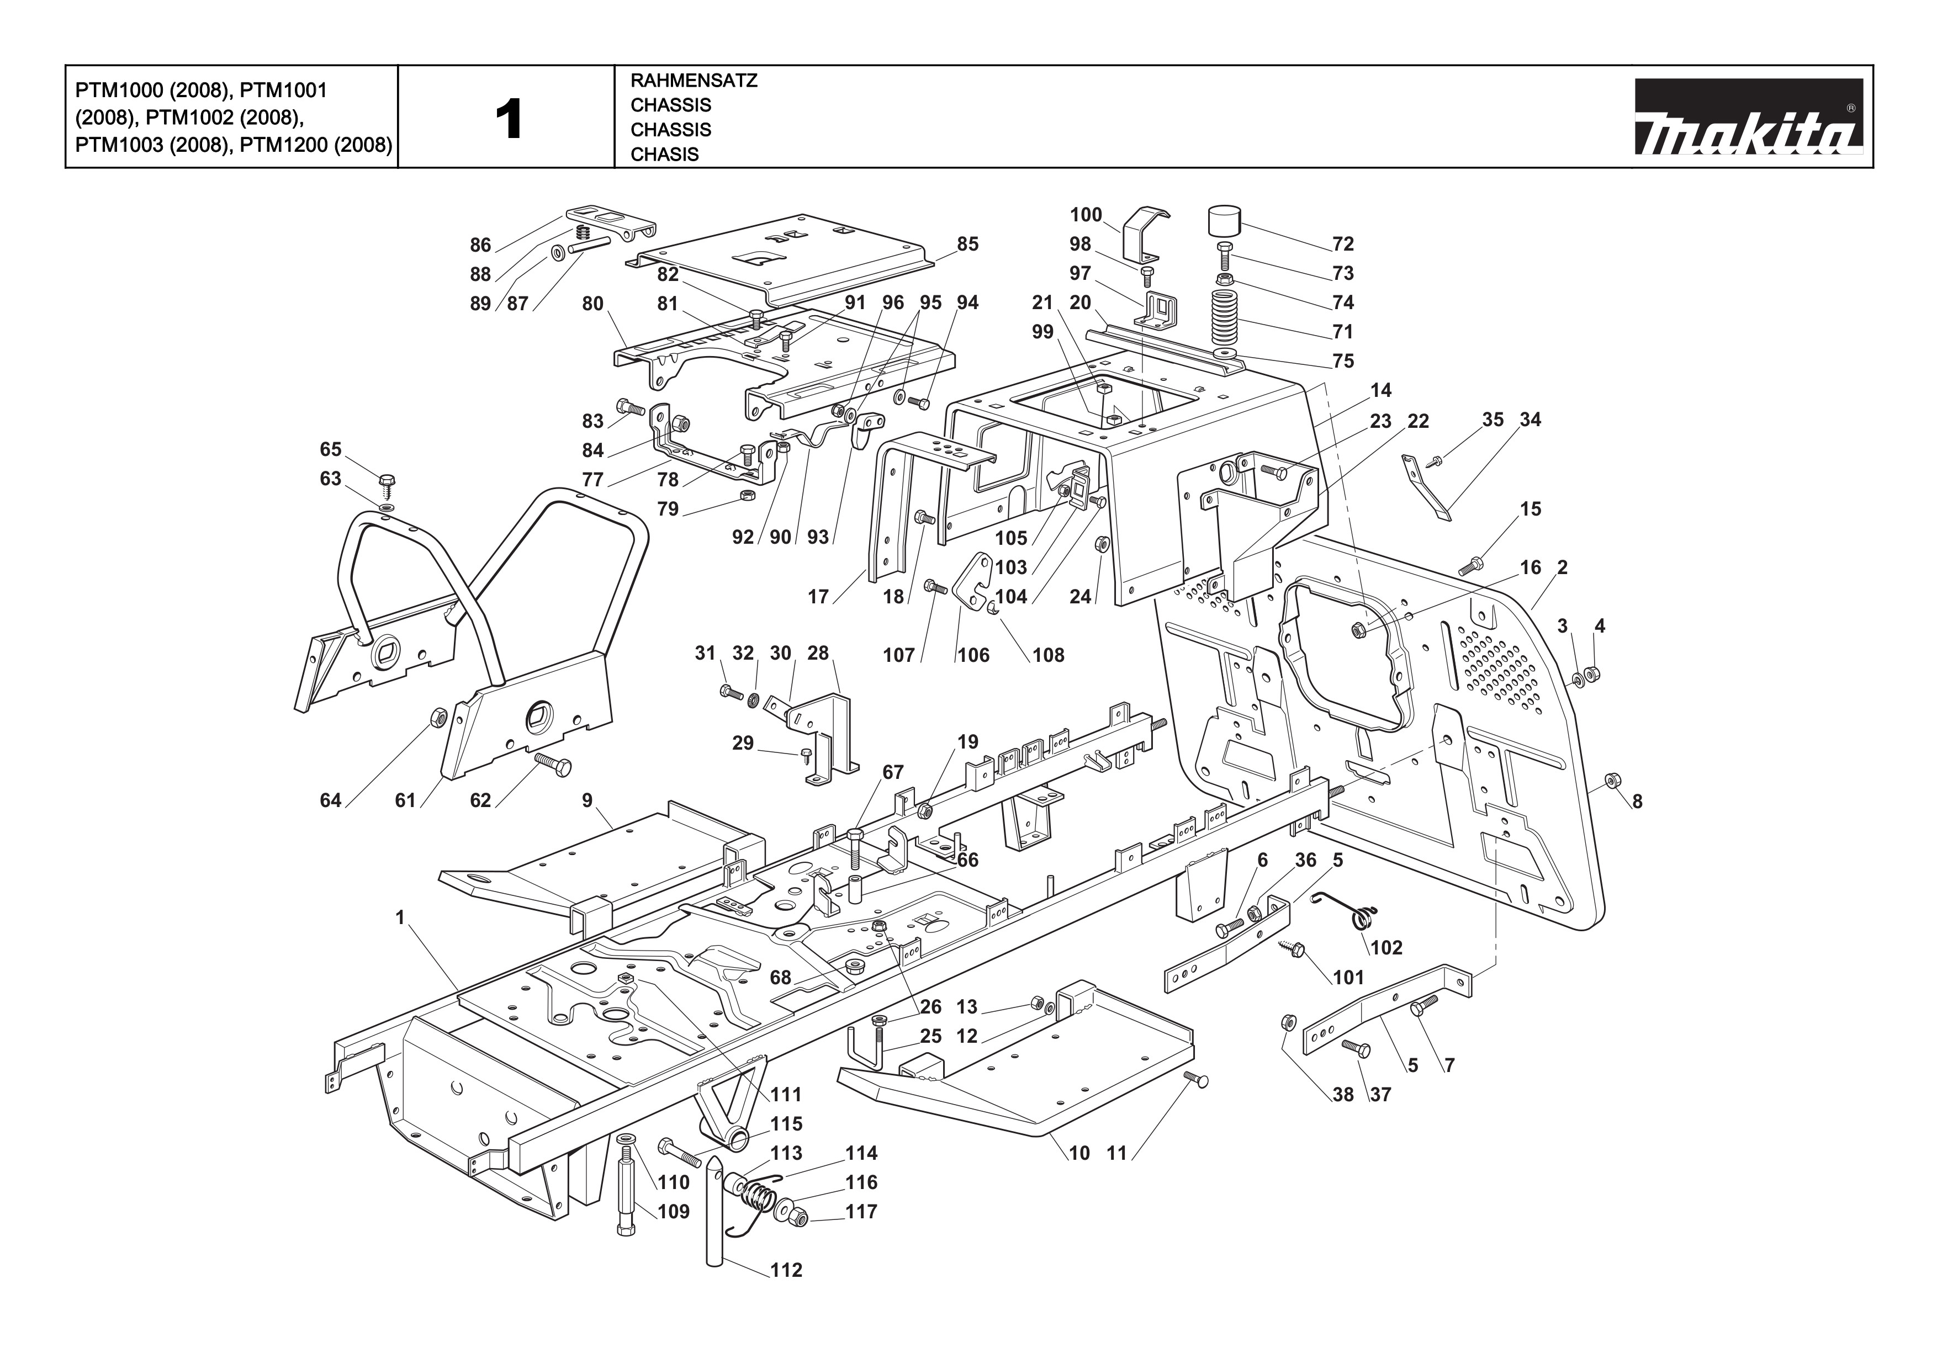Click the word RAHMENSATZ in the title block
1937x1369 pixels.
(x=694, y=81)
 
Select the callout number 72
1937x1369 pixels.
(x=1343, y=245)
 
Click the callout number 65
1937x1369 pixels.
(x=331, y=449)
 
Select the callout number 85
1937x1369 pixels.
(x=967, y=245)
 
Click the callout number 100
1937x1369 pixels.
(x=1086, y=215)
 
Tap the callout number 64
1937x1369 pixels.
(x=331, y=800)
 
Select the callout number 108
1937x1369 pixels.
(x=1049, y=655)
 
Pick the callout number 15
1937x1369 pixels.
(x=1531, y=510)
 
